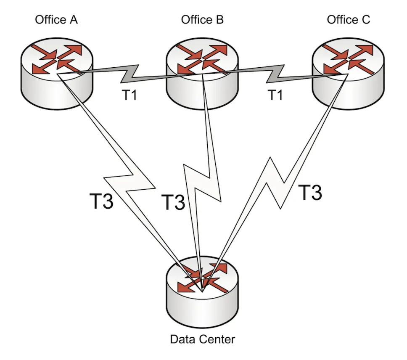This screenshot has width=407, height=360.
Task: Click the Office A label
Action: pos(56,20)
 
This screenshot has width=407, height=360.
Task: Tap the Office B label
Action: pos(202,20)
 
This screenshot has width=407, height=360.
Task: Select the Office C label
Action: pos(349,20)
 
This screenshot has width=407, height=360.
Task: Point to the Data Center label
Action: pos(202,339)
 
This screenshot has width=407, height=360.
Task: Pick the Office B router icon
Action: pos(202,71)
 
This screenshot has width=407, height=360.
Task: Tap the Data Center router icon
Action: pos(202,286)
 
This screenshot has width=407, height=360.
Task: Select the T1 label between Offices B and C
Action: pos(275,96)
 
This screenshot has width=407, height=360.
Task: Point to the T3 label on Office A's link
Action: pos(102,201)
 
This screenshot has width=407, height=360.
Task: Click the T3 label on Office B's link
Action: pos(174,202)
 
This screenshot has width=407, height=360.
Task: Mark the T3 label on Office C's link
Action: pos(310,193)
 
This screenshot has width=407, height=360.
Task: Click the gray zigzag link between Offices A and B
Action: pos(130,74)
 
